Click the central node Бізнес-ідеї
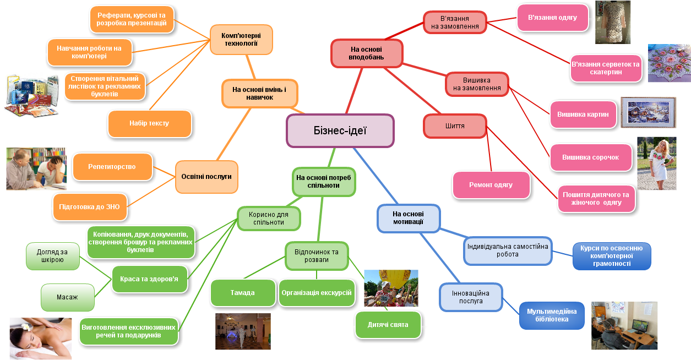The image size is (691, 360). [340, 130]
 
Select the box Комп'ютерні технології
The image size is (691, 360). [241, 40]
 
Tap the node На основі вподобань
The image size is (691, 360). [367, 53]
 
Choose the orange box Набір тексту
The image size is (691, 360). [149, 123]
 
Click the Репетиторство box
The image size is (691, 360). [112, 167]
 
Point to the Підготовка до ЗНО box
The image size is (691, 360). [90, 207]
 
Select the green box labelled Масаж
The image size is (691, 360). [67, 297]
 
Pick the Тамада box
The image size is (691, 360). [243, 293]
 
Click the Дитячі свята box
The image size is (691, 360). [388, 325]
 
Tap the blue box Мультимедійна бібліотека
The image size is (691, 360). [552, 315]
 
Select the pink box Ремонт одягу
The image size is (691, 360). [491, 185]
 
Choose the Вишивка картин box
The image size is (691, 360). [583, 114]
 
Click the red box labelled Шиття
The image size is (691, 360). [455, 126]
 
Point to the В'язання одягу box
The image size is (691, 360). [552, 18]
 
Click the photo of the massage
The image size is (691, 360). [40, 338]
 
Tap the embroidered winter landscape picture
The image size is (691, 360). [648, 112]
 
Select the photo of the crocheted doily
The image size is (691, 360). [669, 63]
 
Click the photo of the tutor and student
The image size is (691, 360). [36, 168]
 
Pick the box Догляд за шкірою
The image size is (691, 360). [52, 257]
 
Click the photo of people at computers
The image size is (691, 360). [624, 325]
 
